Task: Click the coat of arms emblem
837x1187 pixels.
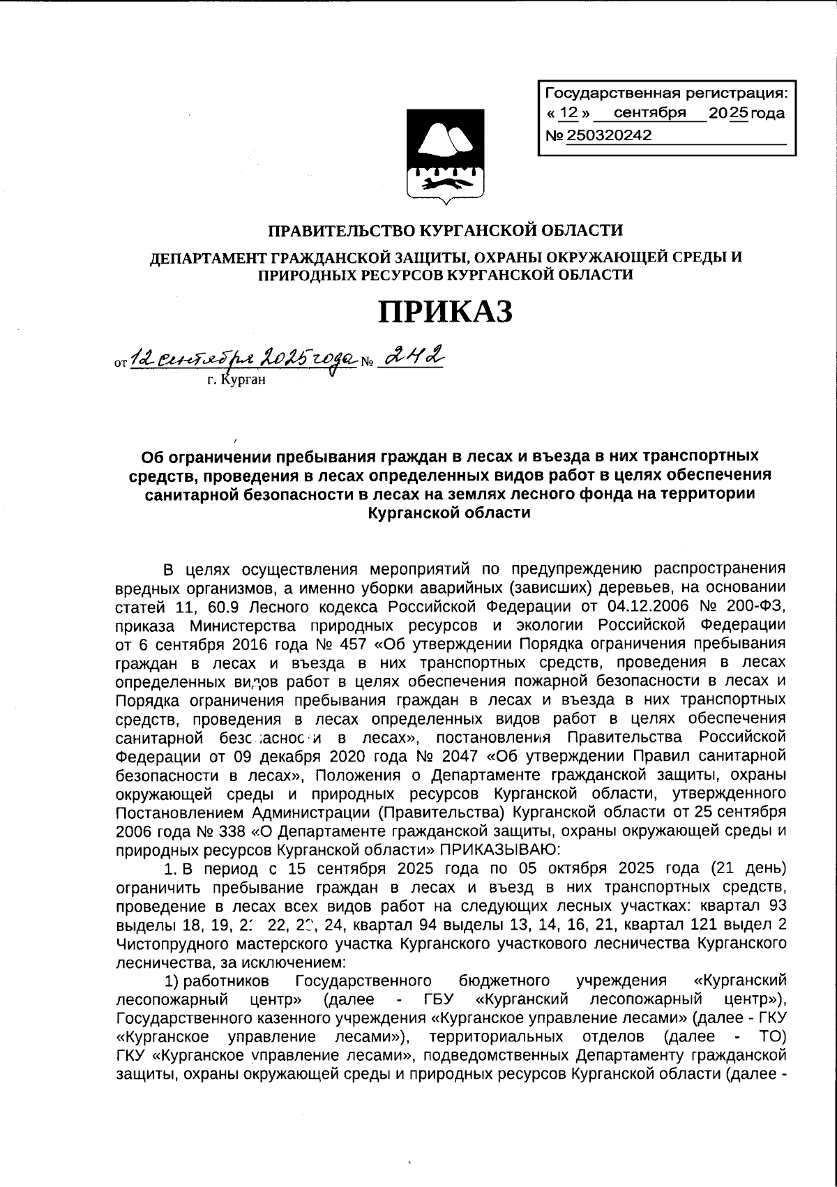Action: coord(446,156)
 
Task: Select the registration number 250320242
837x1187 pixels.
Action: coord(610,136)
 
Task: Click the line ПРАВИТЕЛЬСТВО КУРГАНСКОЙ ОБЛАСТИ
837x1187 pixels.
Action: coord(446,229)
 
